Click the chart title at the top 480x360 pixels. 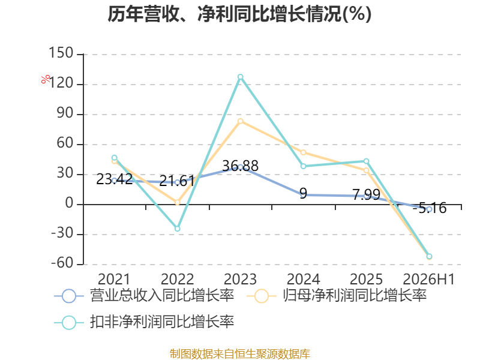tap(239, 14)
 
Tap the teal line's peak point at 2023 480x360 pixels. tap(241, 77)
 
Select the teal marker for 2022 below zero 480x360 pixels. tap(177, 229)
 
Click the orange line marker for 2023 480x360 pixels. tap(241, 121)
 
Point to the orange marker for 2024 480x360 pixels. tap(304, 152)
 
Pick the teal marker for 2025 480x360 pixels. tap(366, 161)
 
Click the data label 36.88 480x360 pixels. tap(241, 166)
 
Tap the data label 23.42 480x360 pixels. tap(114, 179)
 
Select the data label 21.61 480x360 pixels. tap(177, 181)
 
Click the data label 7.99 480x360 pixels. tap(366, 194)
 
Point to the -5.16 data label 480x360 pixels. tap(430, 208)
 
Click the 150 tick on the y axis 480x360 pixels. tap(61, 53)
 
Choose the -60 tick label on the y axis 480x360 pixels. tap(62, 263)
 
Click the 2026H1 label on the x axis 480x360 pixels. tap(429, 279)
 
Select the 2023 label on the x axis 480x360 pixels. tap(241, 279)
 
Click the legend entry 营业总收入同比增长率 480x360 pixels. tap(144, 296)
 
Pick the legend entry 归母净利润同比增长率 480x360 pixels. tap(337, 296)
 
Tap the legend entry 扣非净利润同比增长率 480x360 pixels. tap(144, 322)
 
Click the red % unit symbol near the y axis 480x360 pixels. tap(46, 79)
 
